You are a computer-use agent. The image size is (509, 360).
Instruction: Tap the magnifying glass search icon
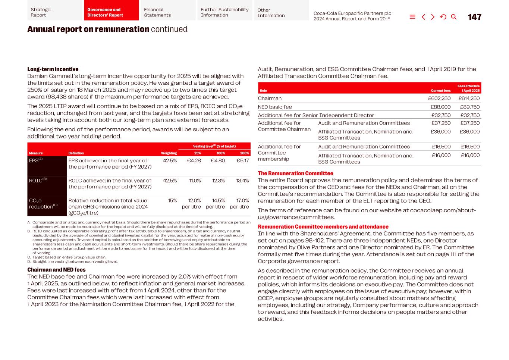(453, 17)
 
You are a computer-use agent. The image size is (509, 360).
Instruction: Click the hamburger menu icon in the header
(412, 17)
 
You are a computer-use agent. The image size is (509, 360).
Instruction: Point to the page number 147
(474, 17)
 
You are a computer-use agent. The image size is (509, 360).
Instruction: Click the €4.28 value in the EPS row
(194, 161)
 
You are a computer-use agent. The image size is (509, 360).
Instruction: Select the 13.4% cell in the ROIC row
(242, 181)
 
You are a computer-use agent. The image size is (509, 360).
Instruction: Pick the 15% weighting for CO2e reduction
(172, 201)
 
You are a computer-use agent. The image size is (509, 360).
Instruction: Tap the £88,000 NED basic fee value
(440, 107)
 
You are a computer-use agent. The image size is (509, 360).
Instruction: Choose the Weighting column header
(169, 153)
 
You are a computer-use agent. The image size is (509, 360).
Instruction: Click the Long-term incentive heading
(53, 69)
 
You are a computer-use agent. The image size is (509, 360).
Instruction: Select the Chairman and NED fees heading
(56, 270)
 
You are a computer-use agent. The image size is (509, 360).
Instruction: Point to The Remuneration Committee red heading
(295, 173)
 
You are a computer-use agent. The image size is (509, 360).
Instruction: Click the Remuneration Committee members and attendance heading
(323, 227)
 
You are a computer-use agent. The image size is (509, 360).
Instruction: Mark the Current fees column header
(440, 91)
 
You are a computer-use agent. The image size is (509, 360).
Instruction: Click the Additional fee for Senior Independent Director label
(315, 116)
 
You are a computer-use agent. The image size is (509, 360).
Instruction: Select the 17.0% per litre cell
(239, 204)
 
